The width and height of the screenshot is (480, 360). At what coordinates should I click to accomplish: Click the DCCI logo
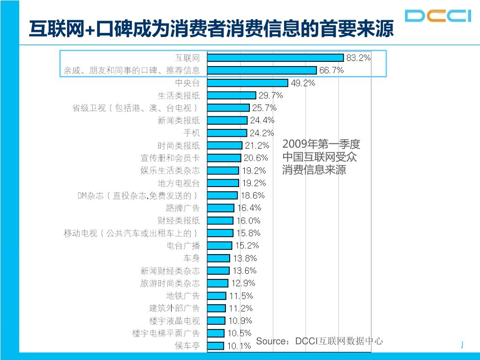click(438, 15)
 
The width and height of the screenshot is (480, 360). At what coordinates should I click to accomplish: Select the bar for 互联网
click(276, 58)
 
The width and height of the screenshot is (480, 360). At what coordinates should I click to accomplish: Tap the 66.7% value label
click(331, 70)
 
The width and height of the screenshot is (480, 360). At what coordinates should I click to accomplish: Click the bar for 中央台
click(247, 83)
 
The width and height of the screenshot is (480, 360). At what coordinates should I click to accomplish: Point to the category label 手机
click(191, 133)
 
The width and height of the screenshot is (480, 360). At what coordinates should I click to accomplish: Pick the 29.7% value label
click(271, 95)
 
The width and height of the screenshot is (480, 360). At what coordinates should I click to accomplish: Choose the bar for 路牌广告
click(220, 208)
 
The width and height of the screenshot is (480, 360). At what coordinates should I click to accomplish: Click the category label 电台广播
click(183, 245)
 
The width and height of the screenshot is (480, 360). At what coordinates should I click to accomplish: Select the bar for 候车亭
click(216, 346)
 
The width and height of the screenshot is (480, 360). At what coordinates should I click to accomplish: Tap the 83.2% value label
click(359, 58)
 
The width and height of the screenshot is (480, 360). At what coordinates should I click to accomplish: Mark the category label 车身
click(191, 258)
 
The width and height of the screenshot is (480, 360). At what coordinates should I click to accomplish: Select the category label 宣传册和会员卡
click(170, 158)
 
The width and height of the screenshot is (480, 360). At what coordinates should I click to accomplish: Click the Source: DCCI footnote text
click(319, 341)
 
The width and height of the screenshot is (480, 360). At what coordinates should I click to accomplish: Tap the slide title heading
click(211, 29)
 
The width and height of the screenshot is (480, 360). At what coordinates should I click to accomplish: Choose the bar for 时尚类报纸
click(225, 145)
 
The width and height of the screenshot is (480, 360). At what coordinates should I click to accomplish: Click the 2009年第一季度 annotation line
click(322, 144)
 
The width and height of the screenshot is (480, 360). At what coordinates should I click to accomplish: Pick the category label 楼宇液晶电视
click(174, 321)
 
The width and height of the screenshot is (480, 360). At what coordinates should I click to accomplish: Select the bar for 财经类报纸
click(220, 220)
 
